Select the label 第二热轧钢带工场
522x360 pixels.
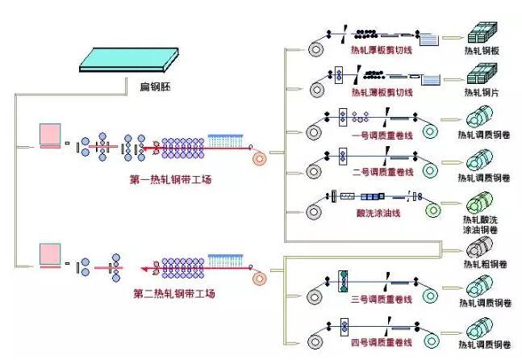173,295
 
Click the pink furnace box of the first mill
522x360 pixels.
51,134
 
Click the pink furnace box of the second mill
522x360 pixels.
51,253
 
